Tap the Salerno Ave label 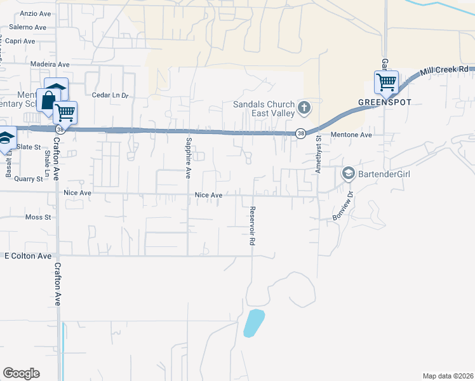pyautogui.click(x=27, y=28)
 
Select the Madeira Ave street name pyautogui.click(x=50, y=65)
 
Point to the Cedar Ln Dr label pyautogui.click(x=110, y=96)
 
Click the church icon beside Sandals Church pyautogui.click(x=304, y=108)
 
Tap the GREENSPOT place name pyautogui.click(x=385, y=102)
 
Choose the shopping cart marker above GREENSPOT pyautogui.click(x=385, y=82)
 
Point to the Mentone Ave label pyautogui.click(x=351, y=135)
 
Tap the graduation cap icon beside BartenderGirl pyautogui.click(x=348, y=173)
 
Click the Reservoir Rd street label pyautogui.click(x=252, y=226)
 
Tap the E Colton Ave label pyautogui.click(x=28, y=256)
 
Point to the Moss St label pyautogui.click(x=37, y=217)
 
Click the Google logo pyautogui.click(x=21, y=373)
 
